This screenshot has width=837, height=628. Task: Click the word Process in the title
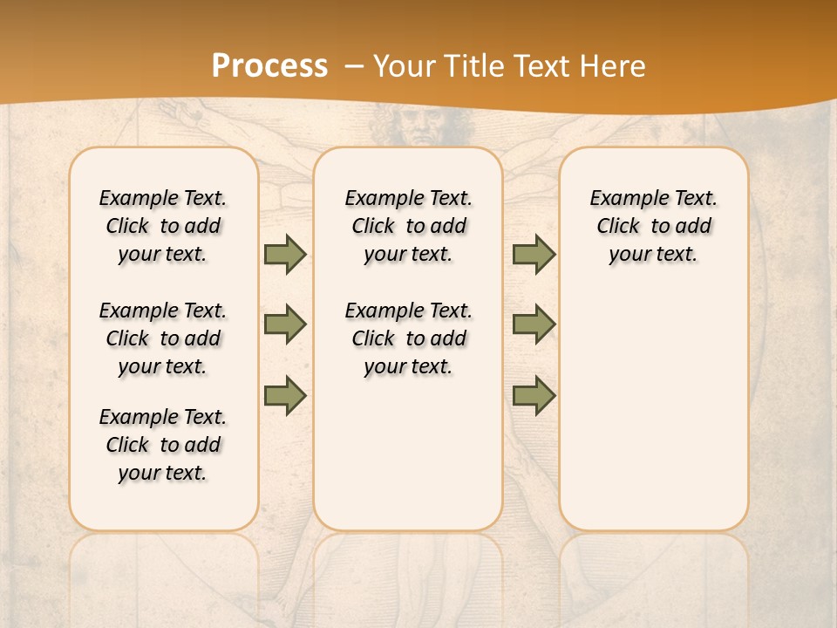pyautogui.click(x=269, y=66)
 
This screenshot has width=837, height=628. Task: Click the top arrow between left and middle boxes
pyautogui.click(x=285, y=254)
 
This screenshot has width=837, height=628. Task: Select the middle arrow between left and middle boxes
pyautogui.click(x=285, y=324)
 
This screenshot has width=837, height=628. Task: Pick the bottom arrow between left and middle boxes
pyautogui.click(x=285, y=396)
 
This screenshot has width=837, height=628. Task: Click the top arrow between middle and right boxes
pyautogui.click(x=534, y=254)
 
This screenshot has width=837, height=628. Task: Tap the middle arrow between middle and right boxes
pyautogui.click(x=534, y=324)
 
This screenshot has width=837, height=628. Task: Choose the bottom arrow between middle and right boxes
pyautogui.click(x=534, y=396)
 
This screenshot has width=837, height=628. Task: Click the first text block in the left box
pyautogui.click(x=163, y=226)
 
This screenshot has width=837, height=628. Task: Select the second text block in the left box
pyautogui.click(x=163, y=338)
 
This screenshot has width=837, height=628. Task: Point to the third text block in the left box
pyautogui.click(x=163, y=445)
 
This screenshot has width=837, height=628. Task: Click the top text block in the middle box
pyautogui.click(x=408, y=226)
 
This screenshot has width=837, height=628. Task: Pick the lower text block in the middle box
pyautogui.click(x=408, y=338)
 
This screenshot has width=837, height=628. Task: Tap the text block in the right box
pyautogui.click(x=653, y=226)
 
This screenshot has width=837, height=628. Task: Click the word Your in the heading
pyautogui.click(x=403, y=66)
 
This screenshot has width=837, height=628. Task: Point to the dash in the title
pyautogui.click(x=353, y=66)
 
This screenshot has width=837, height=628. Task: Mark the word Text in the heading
pyautogui.click(x=541, y=66)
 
